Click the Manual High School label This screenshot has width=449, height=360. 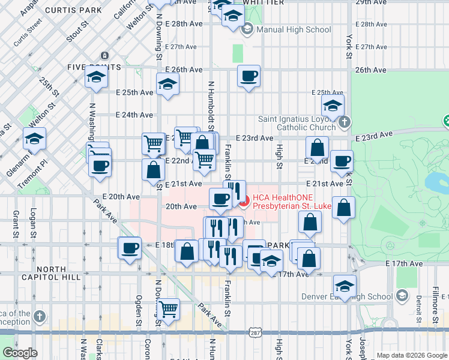click(x=294, y=29)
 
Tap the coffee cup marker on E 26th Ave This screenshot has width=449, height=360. click(x=249, y=76)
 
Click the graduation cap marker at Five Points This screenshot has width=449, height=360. click(x=95, y=78)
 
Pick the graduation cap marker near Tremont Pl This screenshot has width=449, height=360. click(x=35, y=140)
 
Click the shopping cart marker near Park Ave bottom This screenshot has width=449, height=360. click(x=169, y=310)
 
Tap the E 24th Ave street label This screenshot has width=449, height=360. click(x=134, y=115)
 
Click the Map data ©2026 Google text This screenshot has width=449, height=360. click(x=412, y=355)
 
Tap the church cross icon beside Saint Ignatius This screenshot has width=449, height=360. click(x=343, y=123)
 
